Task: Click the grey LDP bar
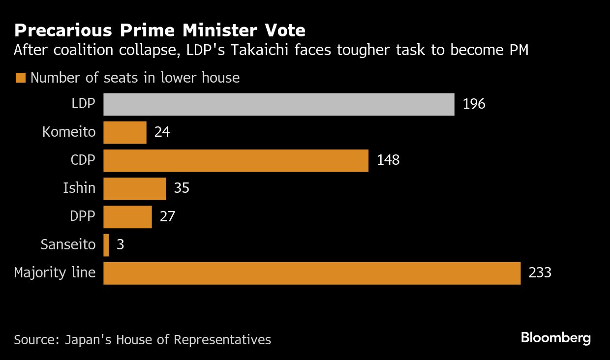[x=278, y=104]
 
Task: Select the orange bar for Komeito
[x=125, y=132]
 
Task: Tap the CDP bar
[x=236, y=160]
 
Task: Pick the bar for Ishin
[x=135, y=189]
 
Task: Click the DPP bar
[x=127, y=217]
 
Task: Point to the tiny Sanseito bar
[x=106, y=245]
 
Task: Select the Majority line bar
[x=312, y=273]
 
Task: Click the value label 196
[x=474, y=104]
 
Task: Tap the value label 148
[x=388, y=160]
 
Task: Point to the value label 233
[x=540, y=273]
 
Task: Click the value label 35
[x=182, y=188]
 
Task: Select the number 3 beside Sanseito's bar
[x=120, y=245]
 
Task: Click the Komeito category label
[x=69, y=132]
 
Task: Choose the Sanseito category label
[x=68, y=245]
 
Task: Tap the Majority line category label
[x=55, y=273]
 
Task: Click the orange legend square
[x=20, y=78]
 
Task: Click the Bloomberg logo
[x=555, y=338]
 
